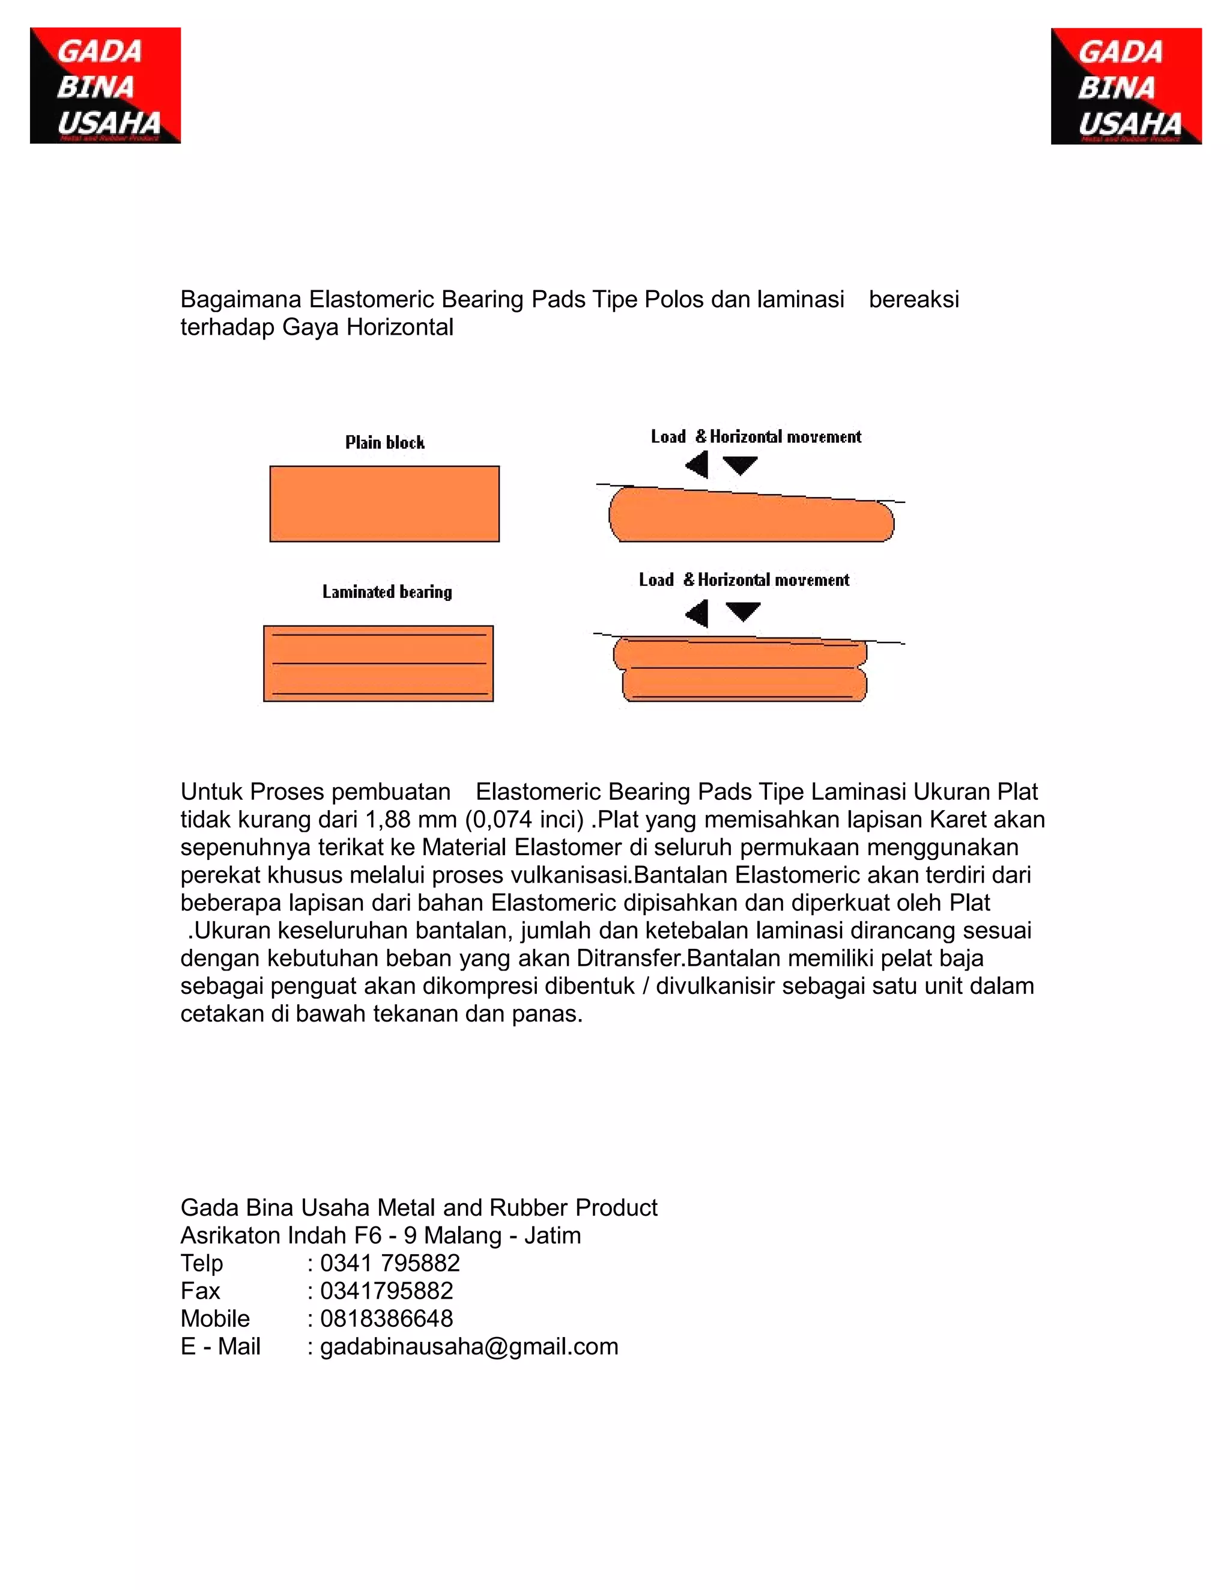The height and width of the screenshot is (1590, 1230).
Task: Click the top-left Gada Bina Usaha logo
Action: click(x=105, y=85)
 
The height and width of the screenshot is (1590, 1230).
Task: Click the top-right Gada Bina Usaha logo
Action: click(x=1126, y=86)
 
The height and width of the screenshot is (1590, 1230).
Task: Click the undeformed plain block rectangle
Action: click(x=384, y=503)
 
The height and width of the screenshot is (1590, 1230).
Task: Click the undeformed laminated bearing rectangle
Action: click(x=378, y=663)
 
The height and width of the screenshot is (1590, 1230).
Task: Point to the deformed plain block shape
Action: click(x=750, y=517)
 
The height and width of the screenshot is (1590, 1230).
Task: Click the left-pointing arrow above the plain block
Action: click(x=697, y=465)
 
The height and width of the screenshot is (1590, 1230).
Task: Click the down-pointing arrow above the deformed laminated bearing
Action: click(x=743, y=610)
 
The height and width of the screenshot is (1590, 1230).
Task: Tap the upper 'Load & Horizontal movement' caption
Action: click(x=756, y=437)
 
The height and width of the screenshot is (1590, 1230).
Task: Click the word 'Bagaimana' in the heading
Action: click(x=241, y=299)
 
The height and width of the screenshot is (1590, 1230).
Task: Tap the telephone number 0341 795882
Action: click(x=390, y=1263)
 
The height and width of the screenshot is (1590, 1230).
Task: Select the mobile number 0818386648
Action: click(x=386, y=1318)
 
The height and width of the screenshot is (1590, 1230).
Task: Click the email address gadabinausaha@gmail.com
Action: click(x=468, y=1346)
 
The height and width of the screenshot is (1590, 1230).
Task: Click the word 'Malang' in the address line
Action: click(x=463, y=1235)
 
